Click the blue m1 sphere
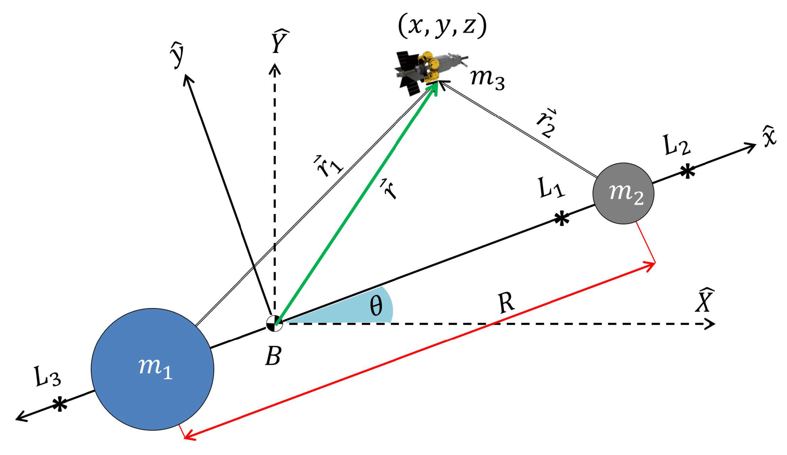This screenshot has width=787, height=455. pyautogui.click(x=153, y=369)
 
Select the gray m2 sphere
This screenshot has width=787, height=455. pyautogui.click(x=623, y=194)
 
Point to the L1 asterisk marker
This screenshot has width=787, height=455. pyautogui.click(x=561, y=218)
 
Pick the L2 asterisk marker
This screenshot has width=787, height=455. pyautogui.click(x=688, y=171)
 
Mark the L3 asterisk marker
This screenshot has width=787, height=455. pyautogui.click(x=59, y=405)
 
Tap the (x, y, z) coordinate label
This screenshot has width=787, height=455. pyautogui.click(x=442, y=26)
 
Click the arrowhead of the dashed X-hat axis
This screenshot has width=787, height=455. pyautogui.click(x=711, y=324)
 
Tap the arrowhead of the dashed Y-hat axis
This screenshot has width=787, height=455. pyautogui.click(x=275, y=69)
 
